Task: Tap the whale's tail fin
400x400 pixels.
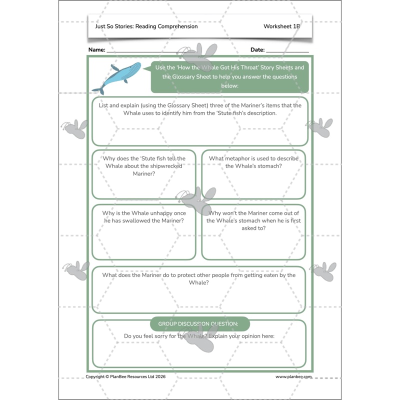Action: pos(98,90)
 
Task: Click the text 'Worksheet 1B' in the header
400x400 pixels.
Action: pos(281,26)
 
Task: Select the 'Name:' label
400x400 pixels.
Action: pos(96,49)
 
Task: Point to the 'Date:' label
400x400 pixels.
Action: pos(257,49)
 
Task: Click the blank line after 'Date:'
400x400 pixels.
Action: pos(287,52)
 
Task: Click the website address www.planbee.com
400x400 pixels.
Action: pos(293,376)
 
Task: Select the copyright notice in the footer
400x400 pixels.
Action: pos(125,376)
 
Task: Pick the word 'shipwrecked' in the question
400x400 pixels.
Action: pos(166,166)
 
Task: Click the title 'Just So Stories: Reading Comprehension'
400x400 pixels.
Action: pos(146,26)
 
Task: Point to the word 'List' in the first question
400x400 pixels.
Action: pos(103,105)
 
